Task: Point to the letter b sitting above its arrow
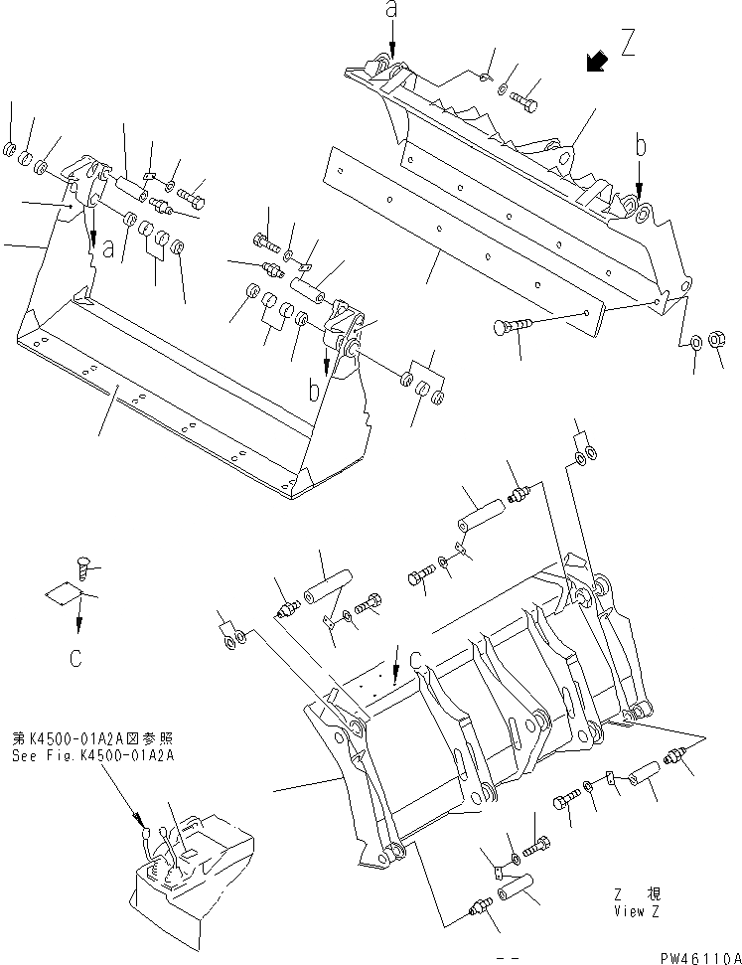tap(642, 146)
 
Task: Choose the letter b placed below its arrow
tap(314, 391)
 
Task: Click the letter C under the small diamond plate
tap(78, 655)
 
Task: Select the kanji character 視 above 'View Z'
tap(657, 894)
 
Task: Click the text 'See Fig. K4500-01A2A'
tap(78, 753)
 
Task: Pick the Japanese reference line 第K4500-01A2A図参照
tap(78, 738)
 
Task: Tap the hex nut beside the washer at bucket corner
tap(721, 341)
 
